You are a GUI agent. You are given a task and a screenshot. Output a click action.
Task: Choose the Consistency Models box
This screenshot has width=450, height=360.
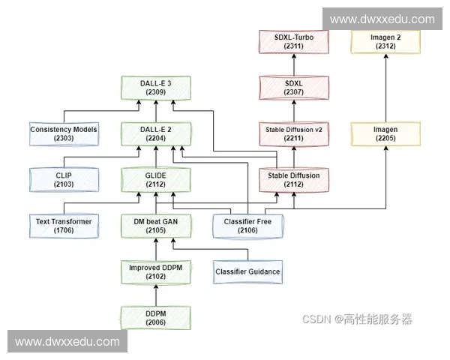coord(64,133)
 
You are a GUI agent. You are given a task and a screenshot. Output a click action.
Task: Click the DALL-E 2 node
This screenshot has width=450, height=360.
coord(157,133)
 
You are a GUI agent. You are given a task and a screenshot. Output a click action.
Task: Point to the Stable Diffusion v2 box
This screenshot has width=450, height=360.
coord(293,133)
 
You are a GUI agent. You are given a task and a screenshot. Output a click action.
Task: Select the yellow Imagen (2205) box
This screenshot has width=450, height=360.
coord(386,133)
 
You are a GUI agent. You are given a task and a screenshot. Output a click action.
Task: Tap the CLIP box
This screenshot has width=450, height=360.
coord(64,179)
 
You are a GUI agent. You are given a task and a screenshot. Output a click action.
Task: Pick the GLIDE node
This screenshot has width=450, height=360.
coord(157,179)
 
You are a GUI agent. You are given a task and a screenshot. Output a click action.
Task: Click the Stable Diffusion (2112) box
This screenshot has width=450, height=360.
coord(293,179)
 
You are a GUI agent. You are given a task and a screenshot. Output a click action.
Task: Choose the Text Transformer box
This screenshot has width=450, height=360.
coord(64,226)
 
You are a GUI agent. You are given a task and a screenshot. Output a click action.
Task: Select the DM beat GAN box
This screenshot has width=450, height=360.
coord(157,226)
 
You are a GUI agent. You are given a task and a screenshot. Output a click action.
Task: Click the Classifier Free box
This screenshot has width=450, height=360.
coord(247,226)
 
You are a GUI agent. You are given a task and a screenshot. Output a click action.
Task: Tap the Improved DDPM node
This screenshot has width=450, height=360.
coord(157,271)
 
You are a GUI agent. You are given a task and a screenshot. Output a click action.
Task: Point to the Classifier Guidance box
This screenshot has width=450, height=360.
coord(247,271)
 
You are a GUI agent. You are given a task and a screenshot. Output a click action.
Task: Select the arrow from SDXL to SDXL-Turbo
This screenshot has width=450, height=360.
coord(293,64)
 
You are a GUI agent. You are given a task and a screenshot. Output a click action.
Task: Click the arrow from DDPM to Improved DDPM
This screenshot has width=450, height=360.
coord(157,294)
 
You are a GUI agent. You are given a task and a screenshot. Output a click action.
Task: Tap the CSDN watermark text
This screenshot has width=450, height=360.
coord(357,319)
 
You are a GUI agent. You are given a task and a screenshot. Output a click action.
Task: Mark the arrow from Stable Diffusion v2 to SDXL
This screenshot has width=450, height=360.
coord(293,110)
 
